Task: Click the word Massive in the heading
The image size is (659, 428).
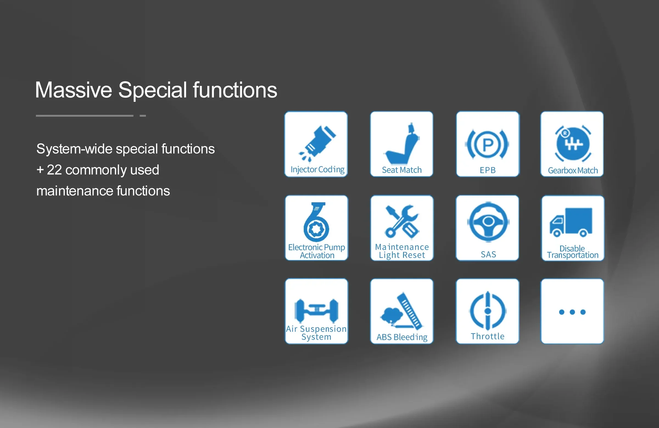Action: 74,90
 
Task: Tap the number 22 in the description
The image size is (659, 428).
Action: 54,169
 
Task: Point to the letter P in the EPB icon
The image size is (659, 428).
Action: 488,144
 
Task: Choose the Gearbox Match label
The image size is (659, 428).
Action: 573,170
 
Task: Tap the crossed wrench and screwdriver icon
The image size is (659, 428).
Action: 402,222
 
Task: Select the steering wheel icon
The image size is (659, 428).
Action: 488,222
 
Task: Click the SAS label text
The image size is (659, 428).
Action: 488,254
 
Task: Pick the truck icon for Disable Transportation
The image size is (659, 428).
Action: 571,222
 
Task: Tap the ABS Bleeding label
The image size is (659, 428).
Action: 402,337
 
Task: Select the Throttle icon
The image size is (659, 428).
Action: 488,311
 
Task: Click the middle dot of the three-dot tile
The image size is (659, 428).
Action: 572,312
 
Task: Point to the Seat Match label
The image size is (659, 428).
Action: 402,170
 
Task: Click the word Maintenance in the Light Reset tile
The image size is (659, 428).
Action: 402,247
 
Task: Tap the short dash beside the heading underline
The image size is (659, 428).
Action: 143,116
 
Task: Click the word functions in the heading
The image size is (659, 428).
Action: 235,90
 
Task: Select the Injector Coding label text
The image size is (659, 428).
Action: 318,169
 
